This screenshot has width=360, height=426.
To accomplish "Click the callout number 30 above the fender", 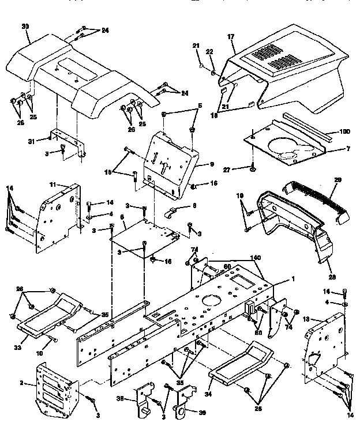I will pos(25,27).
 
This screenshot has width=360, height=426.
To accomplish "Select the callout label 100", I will pos(344,132).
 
